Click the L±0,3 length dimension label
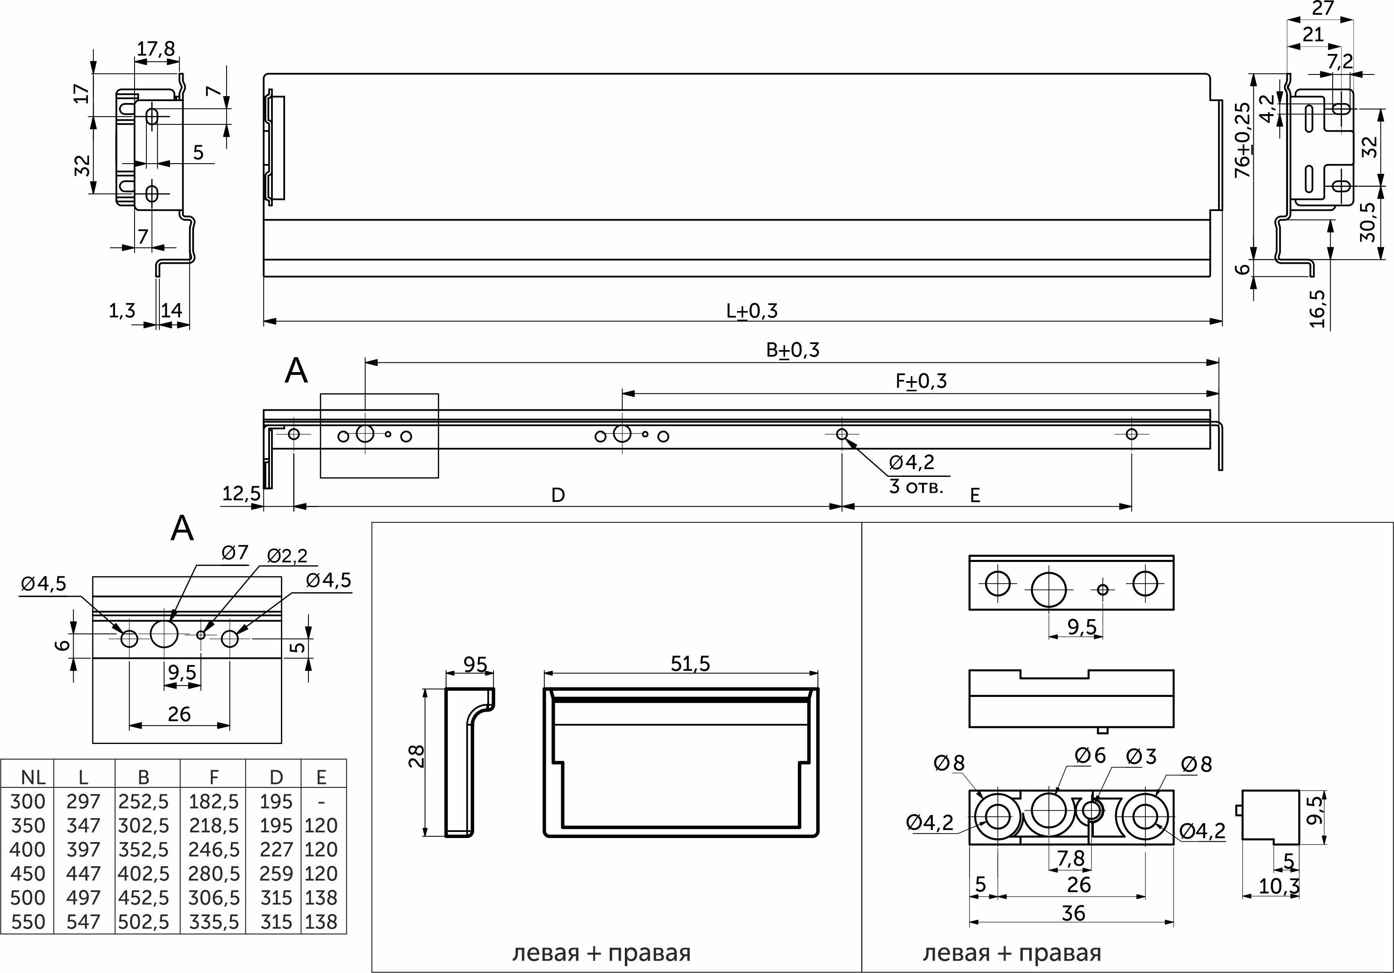coord(752,311)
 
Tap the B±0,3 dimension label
coord(792,351)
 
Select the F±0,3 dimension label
coord(921,382)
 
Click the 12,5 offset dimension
coord(241,494)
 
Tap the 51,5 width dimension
coord(690,664)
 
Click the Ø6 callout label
coord(1091,755)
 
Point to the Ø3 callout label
coord(1141,756)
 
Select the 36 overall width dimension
coord(1073,913)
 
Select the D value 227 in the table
coord(276,850)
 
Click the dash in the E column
coord(322,802)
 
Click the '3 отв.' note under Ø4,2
coord(916,487)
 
